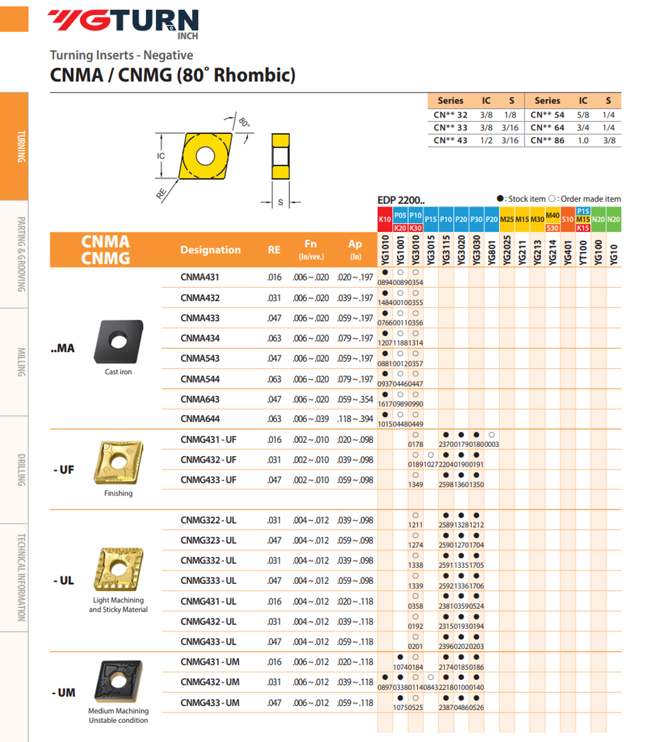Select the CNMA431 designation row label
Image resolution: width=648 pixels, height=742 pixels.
pyautogui.click(x=199, y=277)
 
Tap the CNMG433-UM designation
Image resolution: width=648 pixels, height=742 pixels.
pyautogui.click(x=209, y=703)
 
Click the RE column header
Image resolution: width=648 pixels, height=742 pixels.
pyautogui.click(x=274, y=250)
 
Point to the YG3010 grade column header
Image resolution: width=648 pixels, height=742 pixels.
pyautogui.click(x=416, y=250)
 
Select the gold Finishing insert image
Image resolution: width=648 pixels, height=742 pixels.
pyautogui.click(x=118, y=463)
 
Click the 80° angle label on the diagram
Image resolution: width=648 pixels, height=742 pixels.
pyautogui.click(x=244, y=122)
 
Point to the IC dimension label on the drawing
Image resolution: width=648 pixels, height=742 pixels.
pyautogui.click(x=161, y=156)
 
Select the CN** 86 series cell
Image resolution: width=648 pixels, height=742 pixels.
pyautogui.click(x=547, y=140)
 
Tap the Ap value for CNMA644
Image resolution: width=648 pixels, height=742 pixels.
pyautogui.click(x=355, y=419)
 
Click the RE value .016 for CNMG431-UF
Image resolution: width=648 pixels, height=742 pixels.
pyautogui.click(x=274, y=439)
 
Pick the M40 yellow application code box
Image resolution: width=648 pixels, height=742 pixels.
pyautogui.click(x=552, y=216)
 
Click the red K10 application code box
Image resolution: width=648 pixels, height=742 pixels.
pyautogui.click(x=385, y=220)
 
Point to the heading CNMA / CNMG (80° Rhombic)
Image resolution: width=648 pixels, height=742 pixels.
pyautogui.click(x=173, y=75)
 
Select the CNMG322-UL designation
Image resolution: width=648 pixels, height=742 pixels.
pyautogui.click(x=208, y=520)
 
